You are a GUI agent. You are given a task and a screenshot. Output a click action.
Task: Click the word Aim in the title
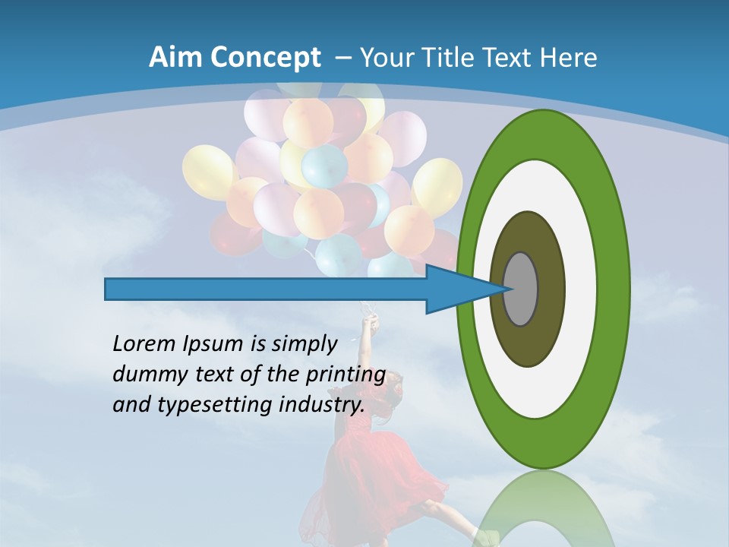[172, 58]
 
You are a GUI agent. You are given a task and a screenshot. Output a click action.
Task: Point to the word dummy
[144, 375]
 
